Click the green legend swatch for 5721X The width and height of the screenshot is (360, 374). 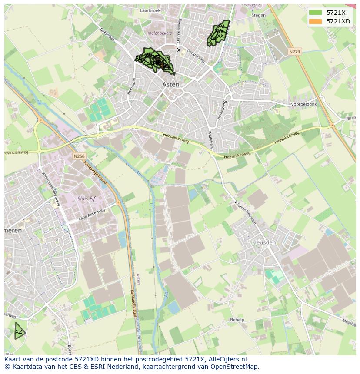pos(316,13)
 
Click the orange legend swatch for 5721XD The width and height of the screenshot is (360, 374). pos(316,21)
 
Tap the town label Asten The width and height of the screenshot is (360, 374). pos(170,84)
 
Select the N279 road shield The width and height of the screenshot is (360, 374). pos(294,52)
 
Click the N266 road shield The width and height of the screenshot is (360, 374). pos(79,156)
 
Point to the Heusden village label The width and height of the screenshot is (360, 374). pos(264,242)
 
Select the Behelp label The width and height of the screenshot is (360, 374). pos(237,319)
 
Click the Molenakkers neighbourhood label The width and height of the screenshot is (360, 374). pos(160,33)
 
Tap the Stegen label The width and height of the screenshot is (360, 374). pos(258,15)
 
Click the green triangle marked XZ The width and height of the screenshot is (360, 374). pos(18,332)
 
